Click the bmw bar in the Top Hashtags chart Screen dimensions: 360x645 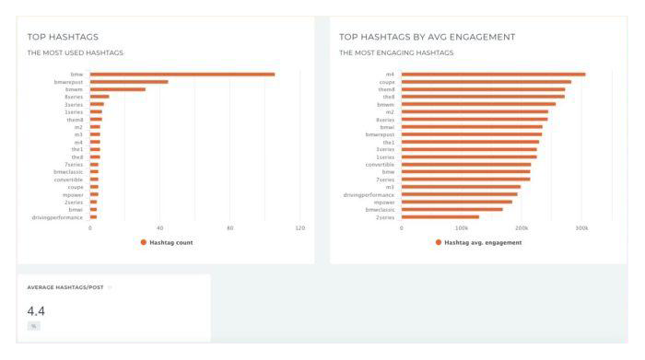[182, 74]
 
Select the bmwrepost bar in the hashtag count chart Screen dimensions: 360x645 [129, 82]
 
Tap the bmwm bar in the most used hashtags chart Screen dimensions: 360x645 [118, 89]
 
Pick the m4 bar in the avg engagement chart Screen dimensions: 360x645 [493, 74]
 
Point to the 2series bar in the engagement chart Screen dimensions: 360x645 [440, 217]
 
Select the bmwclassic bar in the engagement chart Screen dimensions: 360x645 [451, 209]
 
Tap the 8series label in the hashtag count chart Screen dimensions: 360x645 [74, 97]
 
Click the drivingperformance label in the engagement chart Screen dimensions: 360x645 [369, 194]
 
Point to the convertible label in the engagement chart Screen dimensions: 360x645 [380, 164]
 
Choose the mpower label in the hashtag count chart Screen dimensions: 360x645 [75, 194]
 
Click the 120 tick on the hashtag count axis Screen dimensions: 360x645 [299, 227]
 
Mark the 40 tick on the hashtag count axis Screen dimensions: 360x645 [159, 227]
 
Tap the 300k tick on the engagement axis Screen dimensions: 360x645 [580, 227]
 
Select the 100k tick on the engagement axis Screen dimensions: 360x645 [461, 227]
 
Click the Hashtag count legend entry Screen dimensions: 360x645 [171, 242]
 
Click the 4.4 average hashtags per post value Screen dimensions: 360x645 [37, 309]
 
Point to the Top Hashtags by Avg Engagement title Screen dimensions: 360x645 [427, 37]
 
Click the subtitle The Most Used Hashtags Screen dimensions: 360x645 [76, 52]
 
